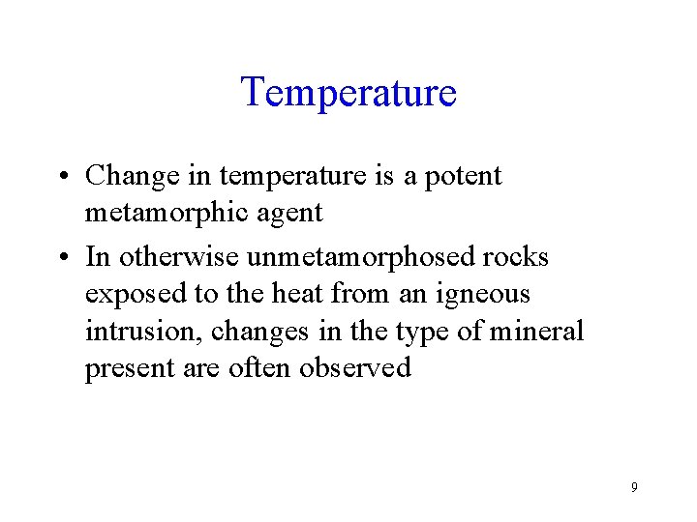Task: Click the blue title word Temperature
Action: (x=348, y=93)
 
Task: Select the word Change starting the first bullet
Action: (x=132, y=176)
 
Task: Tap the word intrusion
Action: (x=144, y=332)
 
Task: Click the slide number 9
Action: (x=634, y=487)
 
